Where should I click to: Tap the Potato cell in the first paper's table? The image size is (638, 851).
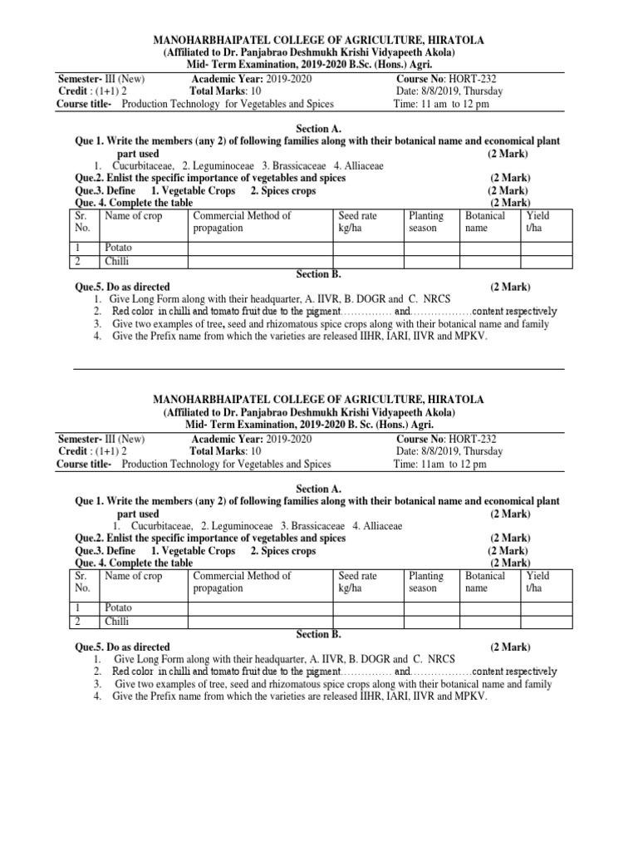pos(118,248)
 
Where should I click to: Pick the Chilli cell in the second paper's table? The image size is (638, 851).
pos(116,620)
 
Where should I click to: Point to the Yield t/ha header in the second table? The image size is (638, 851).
pos(537,581)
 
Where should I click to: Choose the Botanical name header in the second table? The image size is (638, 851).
pos(484,581)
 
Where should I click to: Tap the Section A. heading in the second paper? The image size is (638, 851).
pos(319,489)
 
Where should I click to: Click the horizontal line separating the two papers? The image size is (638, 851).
pos(319,370)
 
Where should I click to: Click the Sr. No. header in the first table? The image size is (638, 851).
pos(81,221)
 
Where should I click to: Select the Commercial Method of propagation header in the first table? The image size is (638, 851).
pos(243,221)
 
